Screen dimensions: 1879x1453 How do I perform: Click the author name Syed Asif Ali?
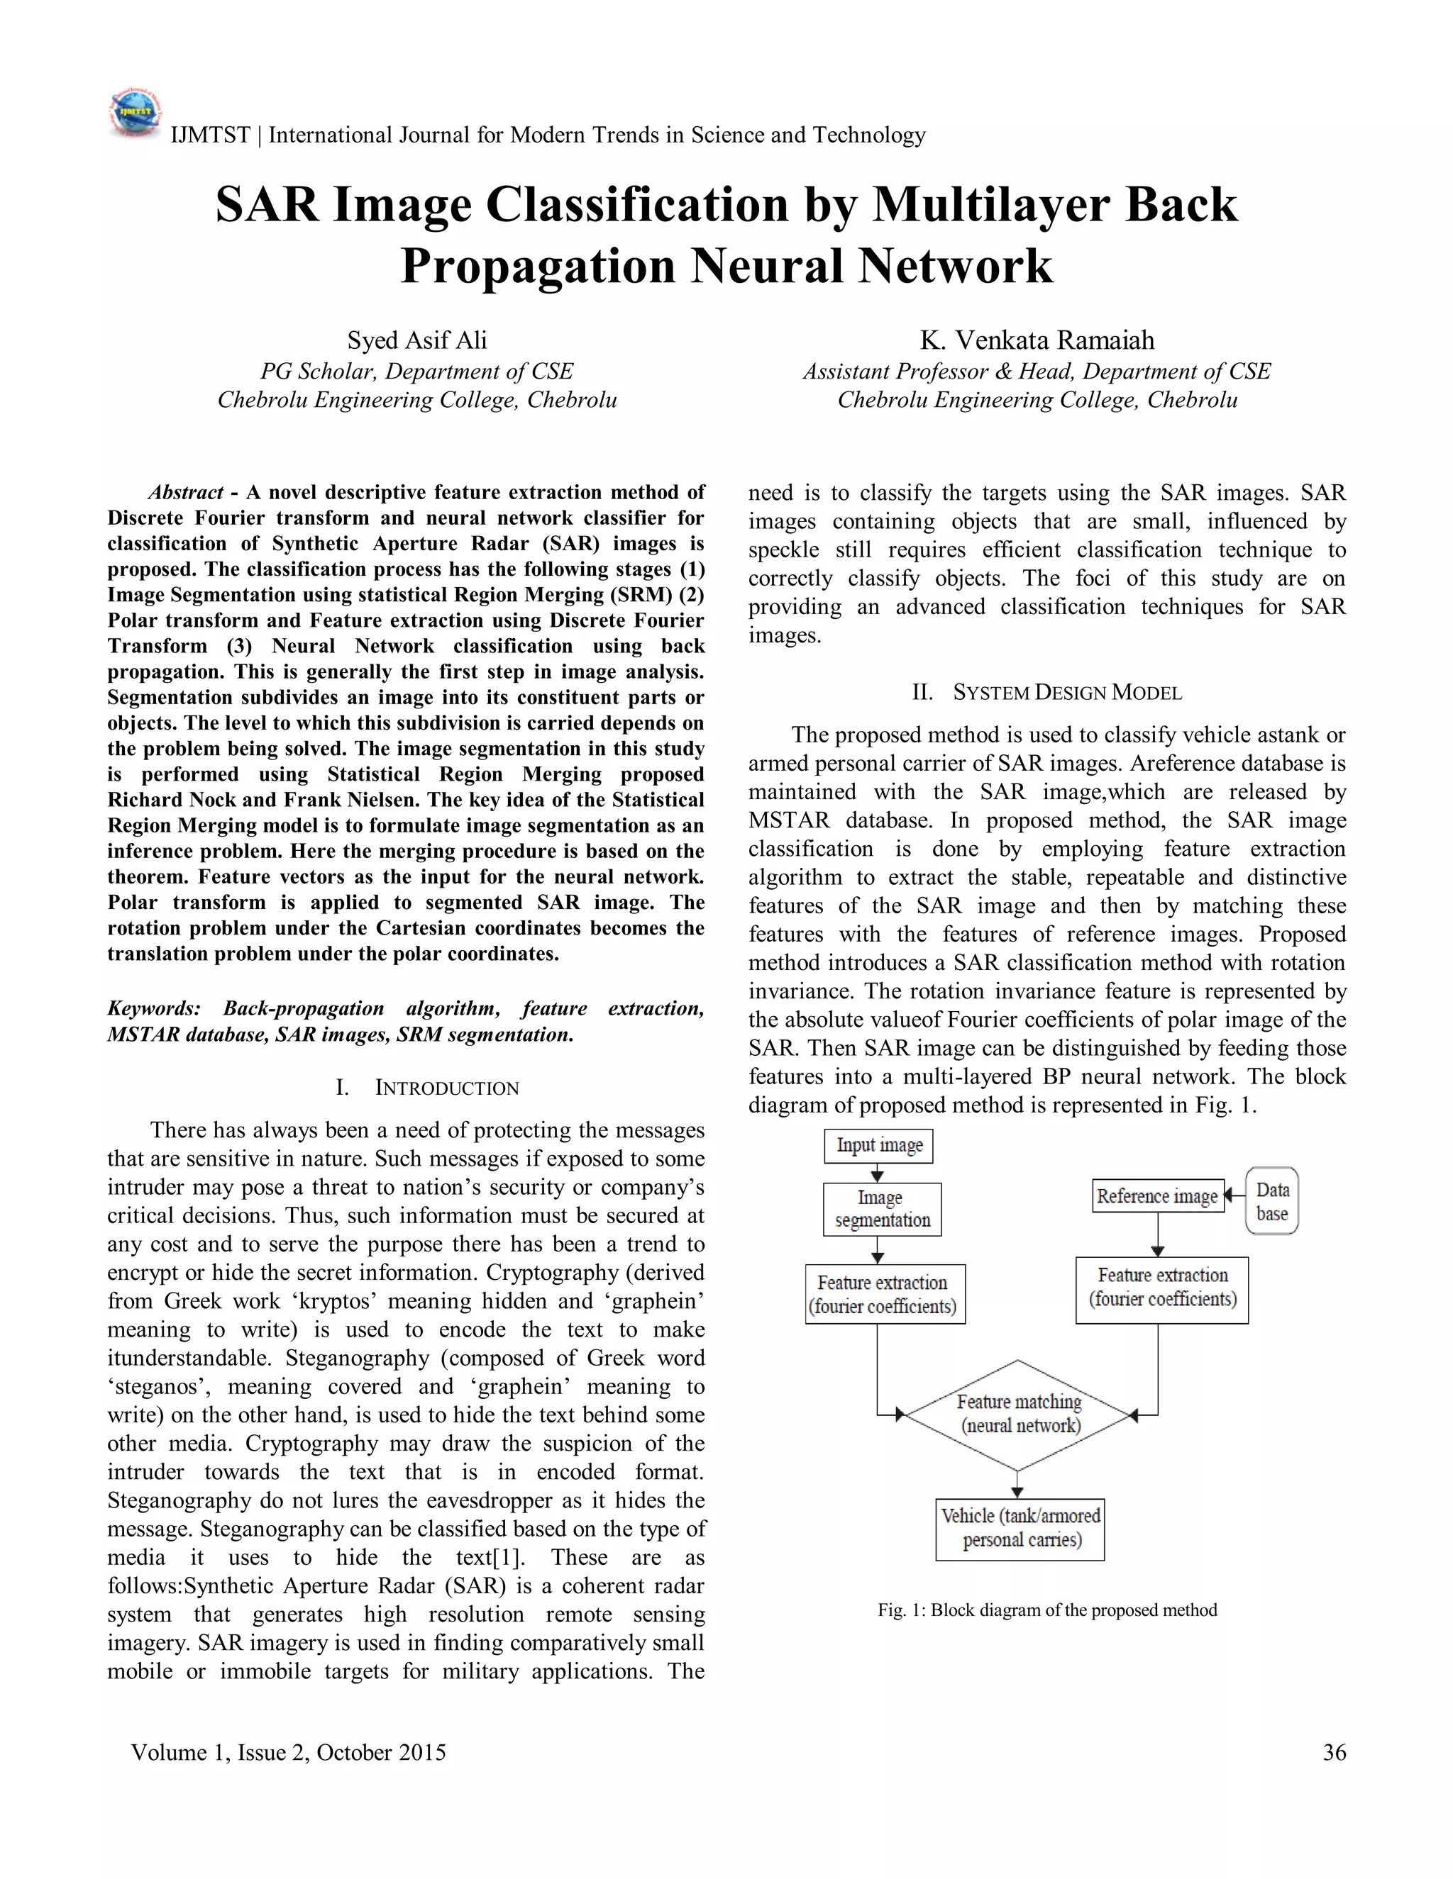pos(416,340)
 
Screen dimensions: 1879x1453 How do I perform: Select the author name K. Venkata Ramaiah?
pos(1037,340)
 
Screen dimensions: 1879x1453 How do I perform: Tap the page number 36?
pos(1333,1753)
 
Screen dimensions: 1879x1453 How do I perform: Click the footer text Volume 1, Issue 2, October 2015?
pos(288,1753)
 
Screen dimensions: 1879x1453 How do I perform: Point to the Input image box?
pos(878,1146)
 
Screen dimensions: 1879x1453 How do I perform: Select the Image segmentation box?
pos(881,1209)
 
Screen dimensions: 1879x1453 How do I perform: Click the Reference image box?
pos(1157,1196)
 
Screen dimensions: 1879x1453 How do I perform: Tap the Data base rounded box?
pos(1271,1201)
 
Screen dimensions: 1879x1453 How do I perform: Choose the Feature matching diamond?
pos(1018,1415)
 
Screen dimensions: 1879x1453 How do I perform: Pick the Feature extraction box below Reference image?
pos(1161,1288)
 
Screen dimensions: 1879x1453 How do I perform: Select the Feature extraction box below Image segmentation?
pos(884,1295)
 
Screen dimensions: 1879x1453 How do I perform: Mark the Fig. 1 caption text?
pos(1046,1610)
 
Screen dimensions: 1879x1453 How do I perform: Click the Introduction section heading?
pos(428,1088)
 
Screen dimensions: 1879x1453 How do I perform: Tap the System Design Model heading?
pos(1046,693)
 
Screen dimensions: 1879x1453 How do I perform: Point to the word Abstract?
pos(186,493)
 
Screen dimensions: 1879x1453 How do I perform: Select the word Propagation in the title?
pos(537,266)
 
